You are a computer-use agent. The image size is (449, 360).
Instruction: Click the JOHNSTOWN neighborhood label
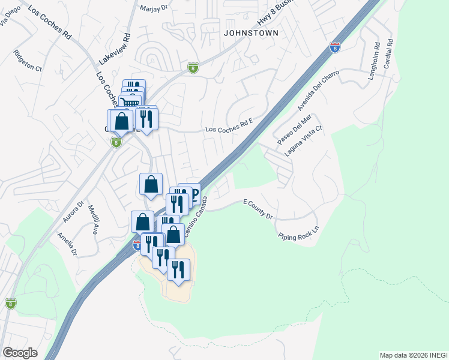pos(251,33)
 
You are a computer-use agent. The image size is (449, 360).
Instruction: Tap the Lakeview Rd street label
pos(114,49)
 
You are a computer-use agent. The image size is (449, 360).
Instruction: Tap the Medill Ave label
pos(93,220)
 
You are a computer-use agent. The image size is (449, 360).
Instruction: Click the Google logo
pos(20,353)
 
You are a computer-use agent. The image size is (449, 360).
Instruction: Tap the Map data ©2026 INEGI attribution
pos(413,355)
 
